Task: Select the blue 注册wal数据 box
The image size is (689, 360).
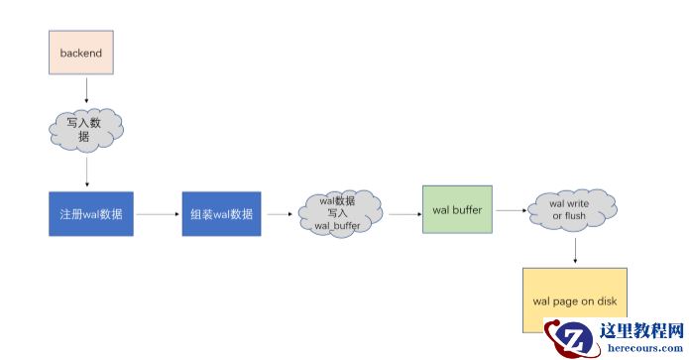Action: [91, 214]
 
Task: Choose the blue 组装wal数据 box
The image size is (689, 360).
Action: [221, 214]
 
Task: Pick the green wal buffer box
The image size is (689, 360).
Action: [457, 209]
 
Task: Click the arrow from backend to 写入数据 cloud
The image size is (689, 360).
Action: [87, 90]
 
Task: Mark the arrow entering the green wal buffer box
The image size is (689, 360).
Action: [404, 213]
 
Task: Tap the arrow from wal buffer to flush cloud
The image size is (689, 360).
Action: [511, 210]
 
